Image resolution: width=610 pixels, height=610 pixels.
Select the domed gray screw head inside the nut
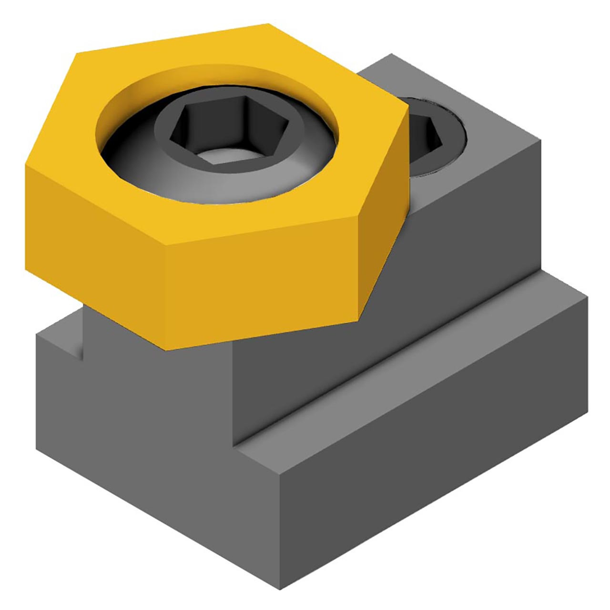[x=143, y=162]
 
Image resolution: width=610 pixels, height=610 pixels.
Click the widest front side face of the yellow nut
[x=262, y=281]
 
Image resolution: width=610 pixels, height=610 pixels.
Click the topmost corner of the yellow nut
[x=268, y=24]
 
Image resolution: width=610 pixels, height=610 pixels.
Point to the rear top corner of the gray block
[x=392, y=54]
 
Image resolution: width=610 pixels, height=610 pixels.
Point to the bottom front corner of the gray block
[x=280, y=589]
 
